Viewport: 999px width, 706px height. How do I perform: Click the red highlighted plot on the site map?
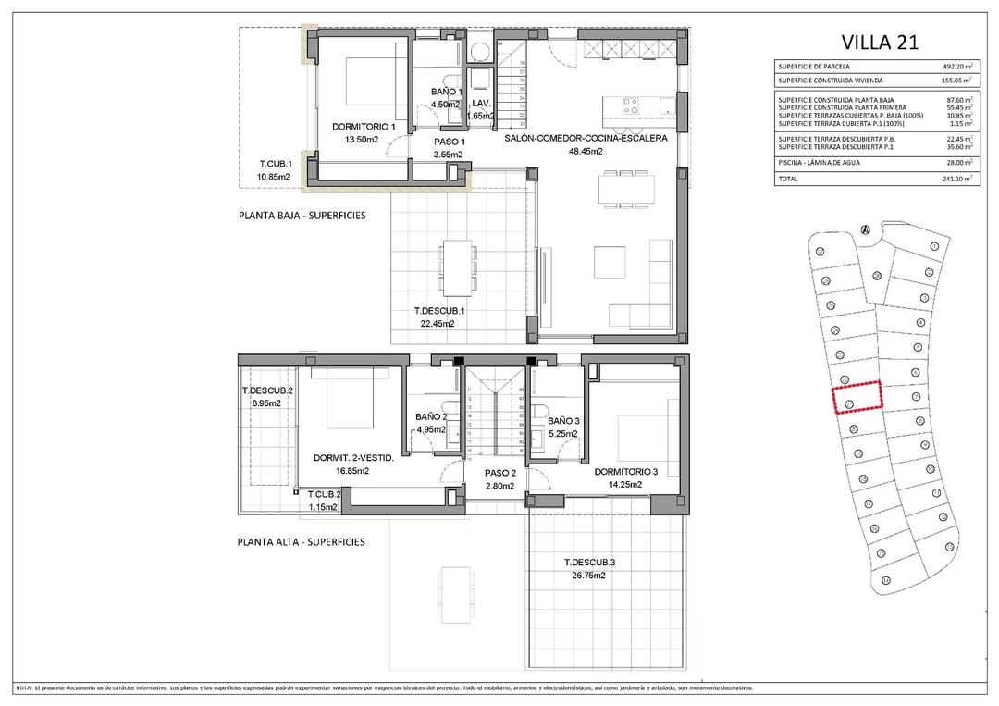pos(857,396)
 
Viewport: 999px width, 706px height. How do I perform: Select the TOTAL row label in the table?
pos(788,178)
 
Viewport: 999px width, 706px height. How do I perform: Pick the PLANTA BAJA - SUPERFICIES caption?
pos(302,215)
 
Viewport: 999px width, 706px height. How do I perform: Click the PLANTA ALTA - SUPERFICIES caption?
pos(301,542)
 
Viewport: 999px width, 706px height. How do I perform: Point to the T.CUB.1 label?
pos(275,165)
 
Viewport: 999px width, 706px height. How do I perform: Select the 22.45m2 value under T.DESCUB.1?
pos(438,324)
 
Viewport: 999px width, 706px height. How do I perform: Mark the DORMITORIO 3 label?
pos(625,472)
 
